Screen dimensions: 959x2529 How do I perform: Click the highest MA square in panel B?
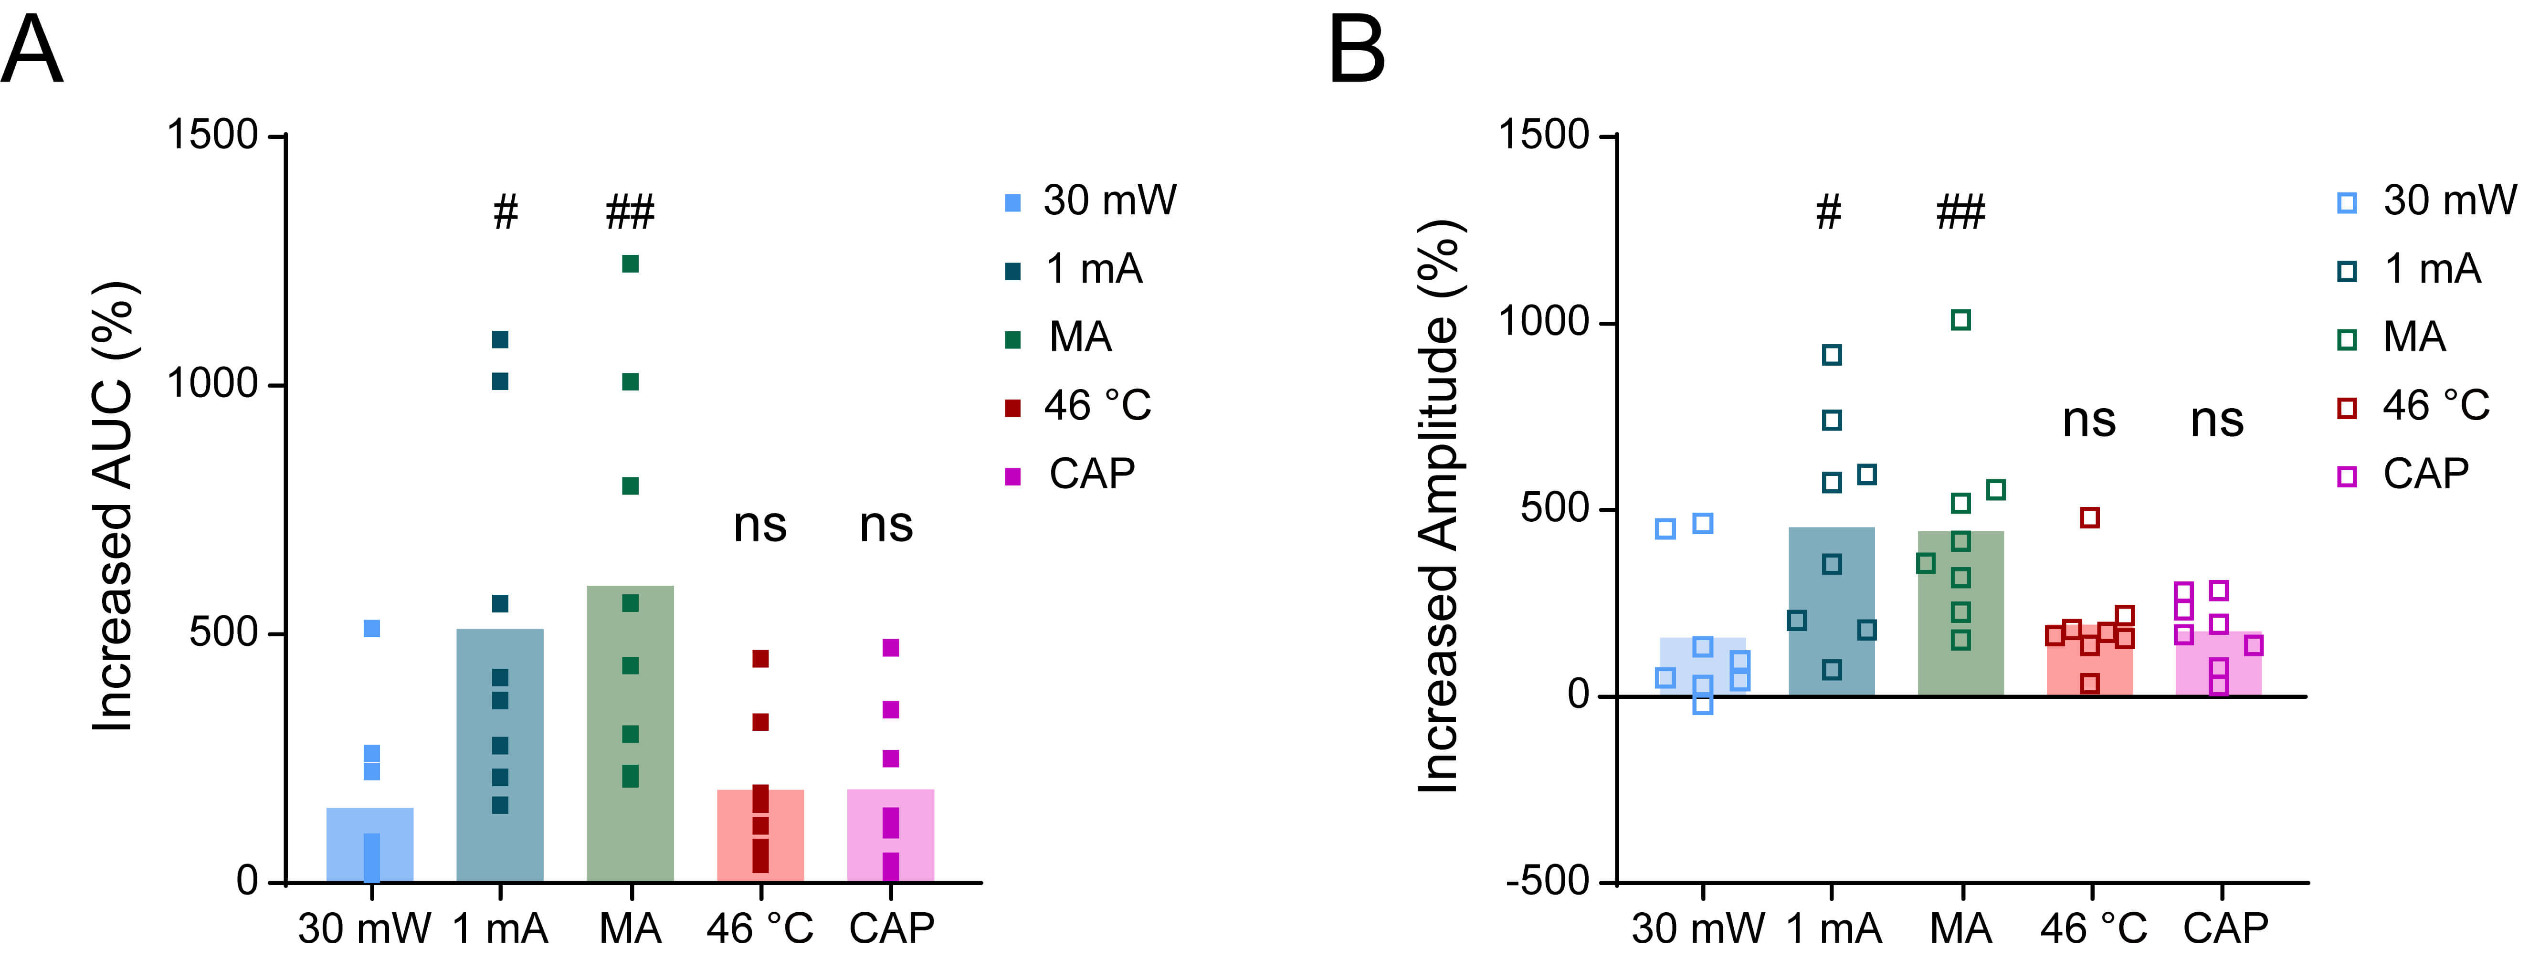(1960, 320)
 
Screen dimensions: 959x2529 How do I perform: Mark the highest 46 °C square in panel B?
(2090, 517)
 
